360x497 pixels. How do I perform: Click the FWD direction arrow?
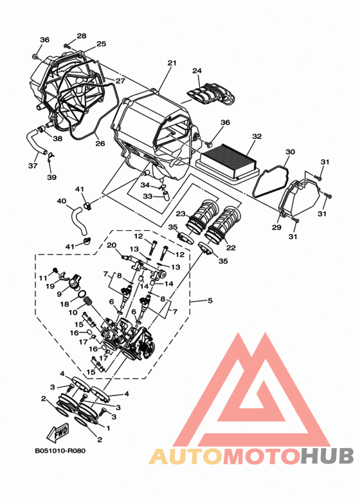point(57,433)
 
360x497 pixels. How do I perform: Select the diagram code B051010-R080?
point(60,451)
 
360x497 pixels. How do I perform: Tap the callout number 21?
point(172,63)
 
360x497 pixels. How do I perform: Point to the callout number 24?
point(197,70)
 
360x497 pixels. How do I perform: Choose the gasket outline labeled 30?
point(271,181)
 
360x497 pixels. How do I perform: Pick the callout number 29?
point(276,227)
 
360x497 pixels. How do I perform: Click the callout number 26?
point(100,143)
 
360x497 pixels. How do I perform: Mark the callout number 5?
point(210,300)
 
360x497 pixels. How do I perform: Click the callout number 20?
point(112,245)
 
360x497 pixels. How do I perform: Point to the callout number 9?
point(59,294)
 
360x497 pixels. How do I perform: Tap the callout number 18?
point(64,304)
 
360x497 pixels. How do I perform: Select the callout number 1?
point(109,428)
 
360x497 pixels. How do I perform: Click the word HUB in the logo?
point(327,455)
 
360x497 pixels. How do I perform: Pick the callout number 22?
point(231,247)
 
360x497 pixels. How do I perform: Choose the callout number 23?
point(180,213)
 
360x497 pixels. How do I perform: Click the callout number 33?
point(148,196)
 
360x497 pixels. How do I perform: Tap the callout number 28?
point(82,35)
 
